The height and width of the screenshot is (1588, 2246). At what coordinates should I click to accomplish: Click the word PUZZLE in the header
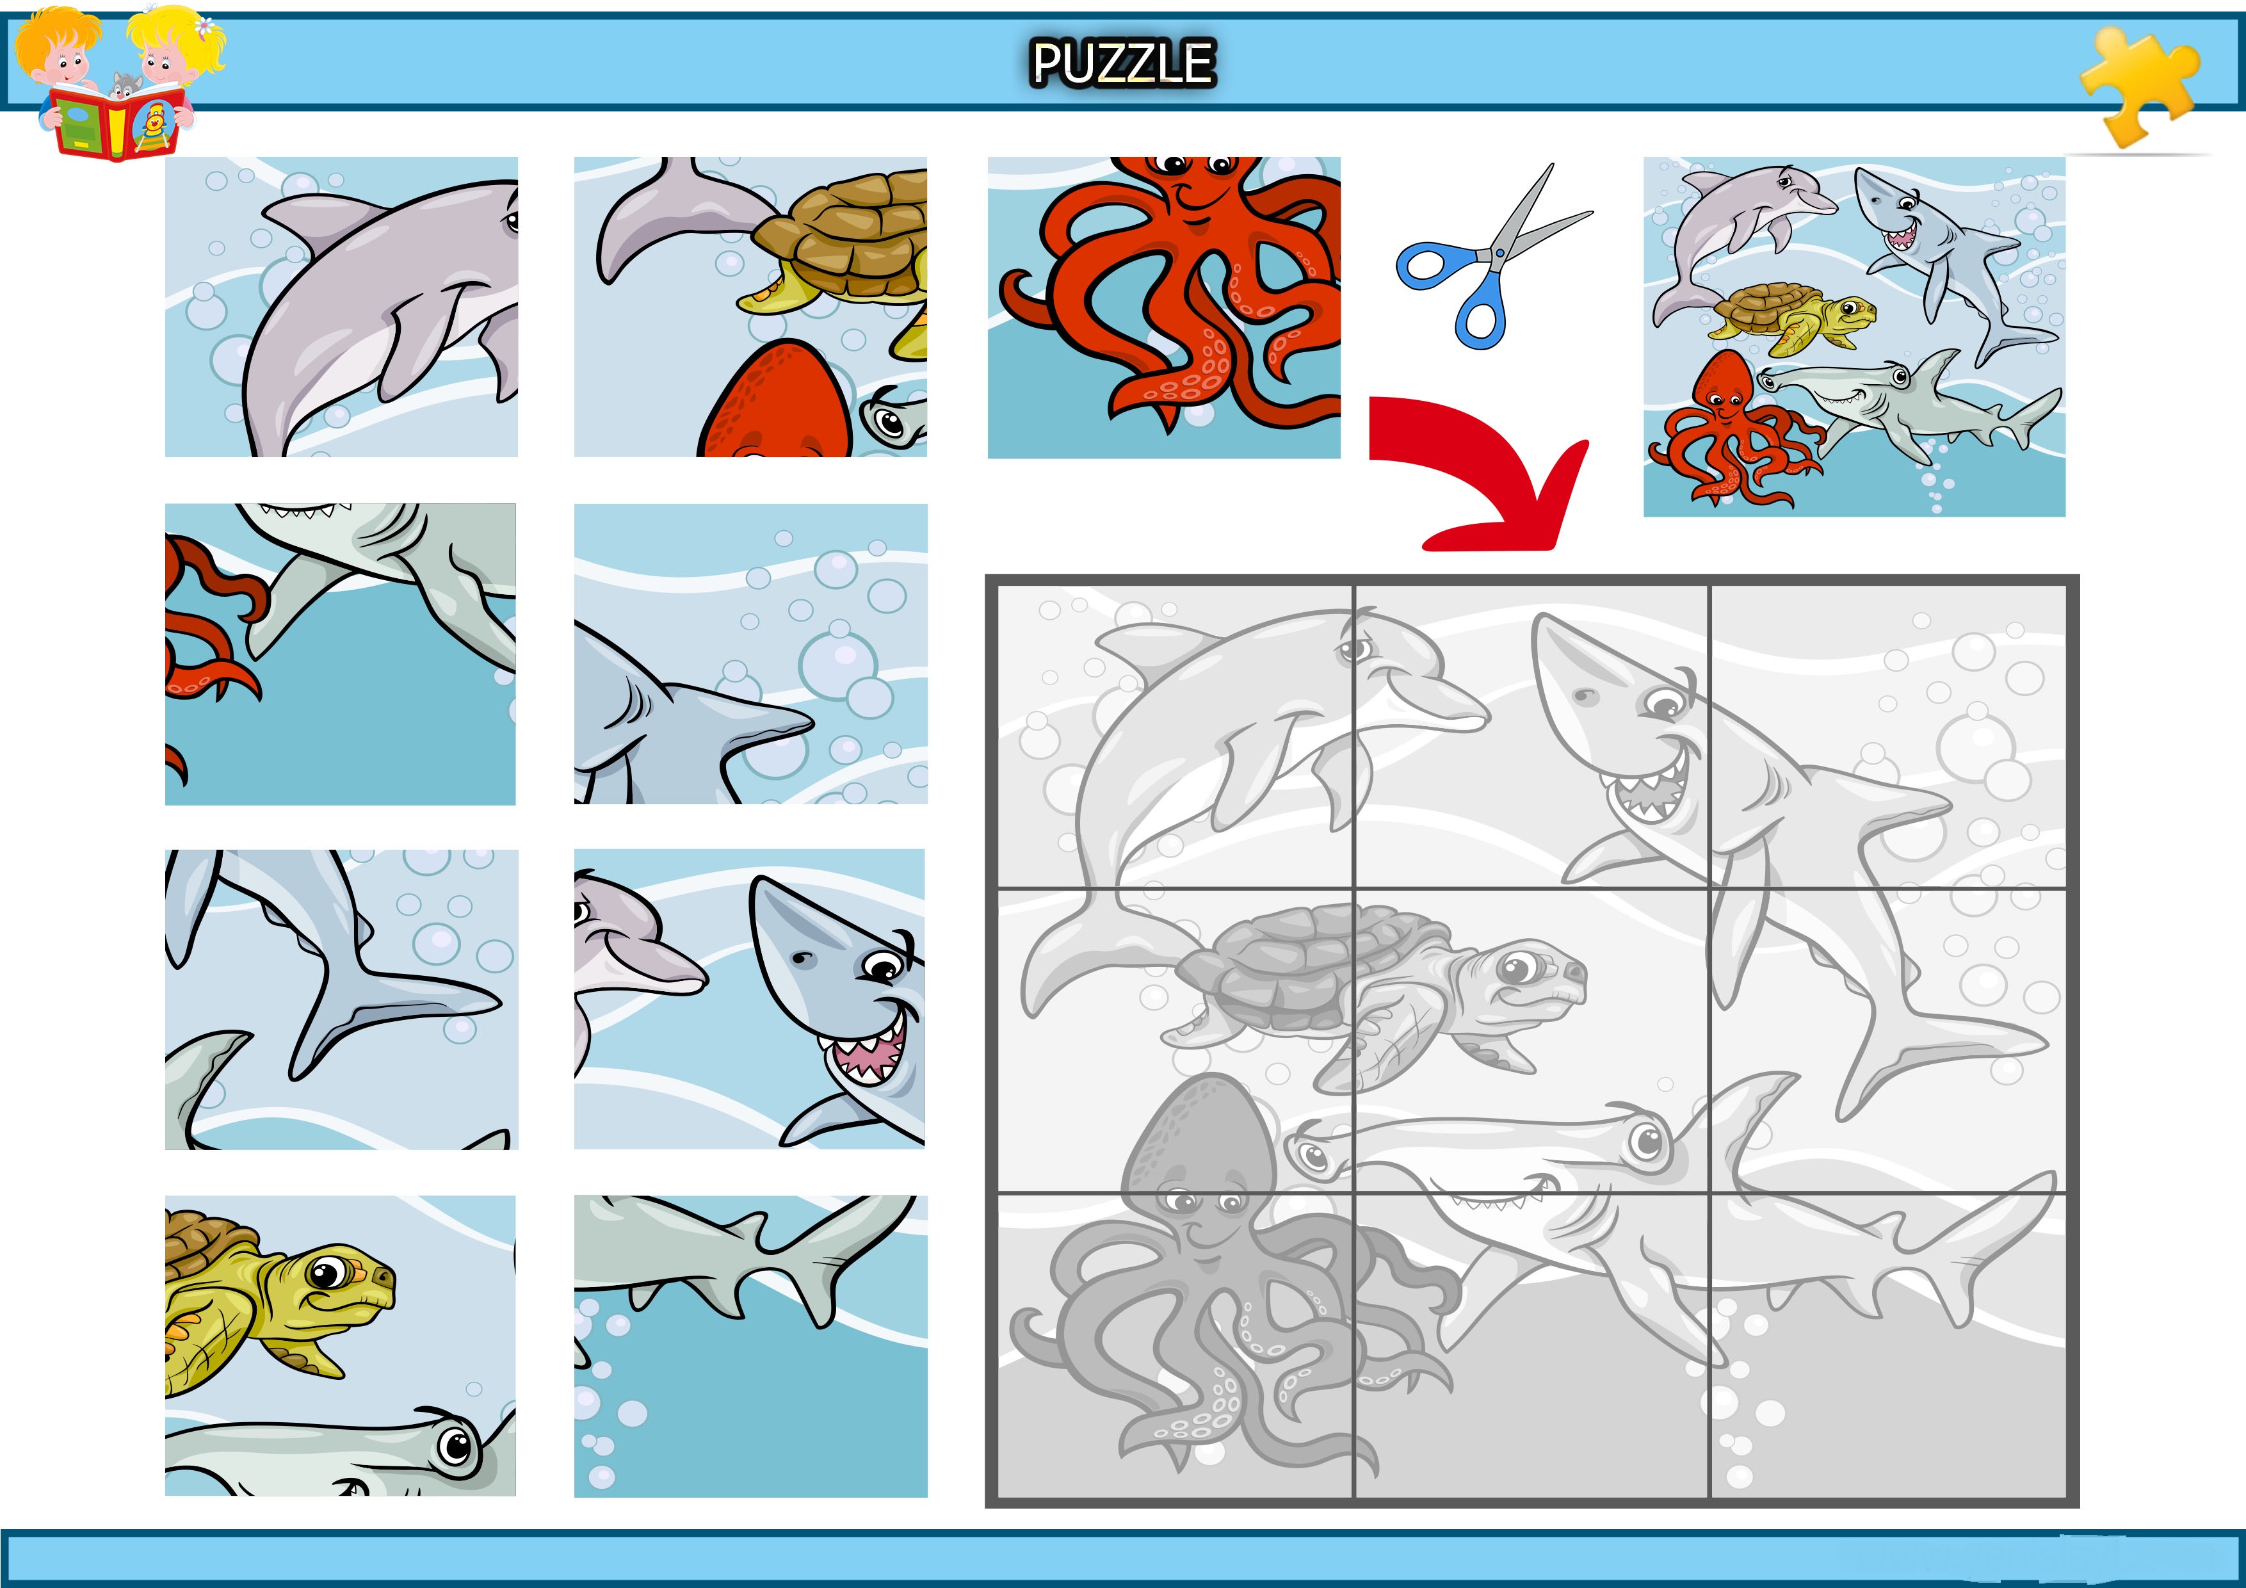coord(1123,63)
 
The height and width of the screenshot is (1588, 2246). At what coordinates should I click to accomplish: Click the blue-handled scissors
coord(1494,256)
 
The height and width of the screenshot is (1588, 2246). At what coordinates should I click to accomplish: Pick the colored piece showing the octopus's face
coord(1164,307)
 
